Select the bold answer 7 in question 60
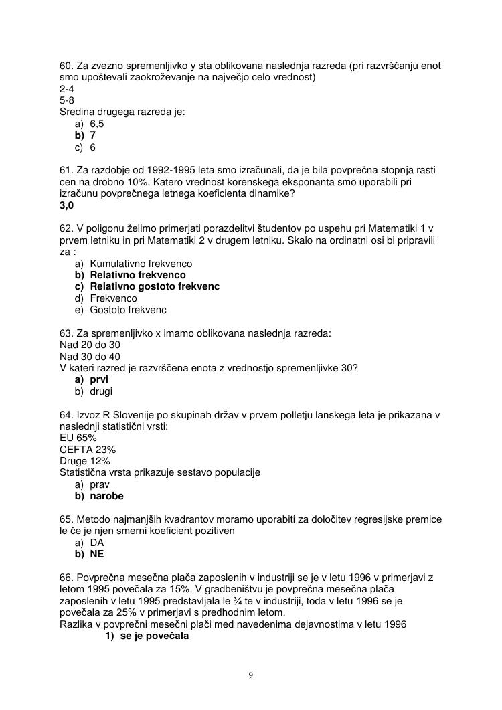tap(93, 135)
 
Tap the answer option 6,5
tap(97, 124)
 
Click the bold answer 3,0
tap(67, 205)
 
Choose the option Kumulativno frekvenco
tap(141, 264)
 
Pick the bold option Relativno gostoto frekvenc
tap(155, 286)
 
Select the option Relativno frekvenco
tap(138, 275)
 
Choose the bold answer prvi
tap(99, 379)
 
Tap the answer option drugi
tap(101, 391)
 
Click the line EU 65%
tap(78, 438)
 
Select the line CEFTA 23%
tap(88, 449)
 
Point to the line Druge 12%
tap(85, 461)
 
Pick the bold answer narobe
tap(107, 496)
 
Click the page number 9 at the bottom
tap(251, 675)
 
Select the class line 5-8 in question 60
tap(67, 100)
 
